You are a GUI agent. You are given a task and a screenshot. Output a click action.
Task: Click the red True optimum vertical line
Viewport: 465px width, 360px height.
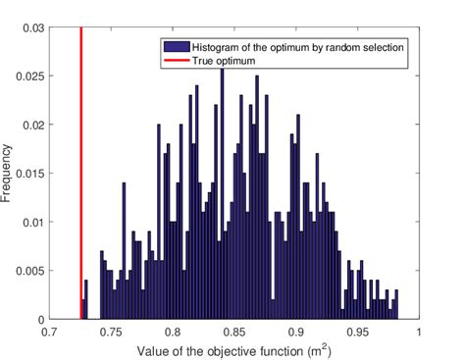[x=80, y=177]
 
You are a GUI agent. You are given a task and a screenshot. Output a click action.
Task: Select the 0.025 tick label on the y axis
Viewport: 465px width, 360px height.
[x=29, y=77]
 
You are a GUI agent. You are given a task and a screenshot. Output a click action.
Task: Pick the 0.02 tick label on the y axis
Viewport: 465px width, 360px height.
[x=32, y=125]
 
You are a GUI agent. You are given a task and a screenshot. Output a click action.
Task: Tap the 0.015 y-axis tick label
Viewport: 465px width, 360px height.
[x=29, y=174]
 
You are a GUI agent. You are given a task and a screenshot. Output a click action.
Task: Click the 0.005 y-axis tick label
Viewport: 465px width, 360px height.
[x=29, y=271]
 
